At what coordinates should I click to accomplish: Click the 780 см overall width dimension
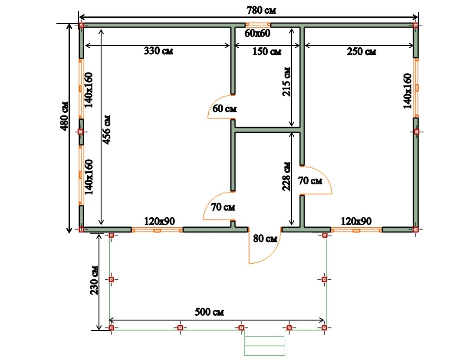point(261,10)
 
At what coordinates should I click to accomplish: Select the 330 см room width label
point(158,51)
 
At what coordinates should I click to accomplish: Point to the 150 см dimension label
point(267,51)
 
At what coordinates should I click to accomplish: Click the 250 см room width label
point(362,52)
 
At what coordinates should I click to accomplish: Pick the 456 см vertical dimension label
point(107,130)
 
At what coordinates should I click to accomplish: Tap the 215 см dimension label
point(286,82)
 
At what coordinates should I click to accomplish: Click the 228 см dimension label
point(286,176)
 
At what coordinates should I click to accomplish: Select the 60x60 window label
point(257,33)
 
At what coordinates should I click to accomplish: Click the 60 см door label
point(224,108)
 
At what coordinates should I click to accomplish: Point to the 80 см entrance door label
point(265,239)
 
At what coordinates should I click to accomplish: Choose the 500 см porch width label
point(209,312)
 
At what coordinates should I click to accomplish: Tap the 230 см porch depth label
point(95,280)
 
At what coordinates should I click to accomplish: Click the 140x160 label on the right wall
point(408,91)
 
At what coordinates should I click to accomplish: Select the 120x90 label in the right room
point(356,221)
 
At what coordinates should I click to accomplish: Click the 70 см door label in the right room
point(310,180)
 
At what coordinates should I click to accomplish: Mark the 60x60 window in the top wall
point(258,25)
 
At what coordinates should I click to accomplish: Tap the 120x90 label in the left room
point(159,221)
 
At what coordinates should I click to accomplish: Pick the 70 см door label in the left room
point(223,207)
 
